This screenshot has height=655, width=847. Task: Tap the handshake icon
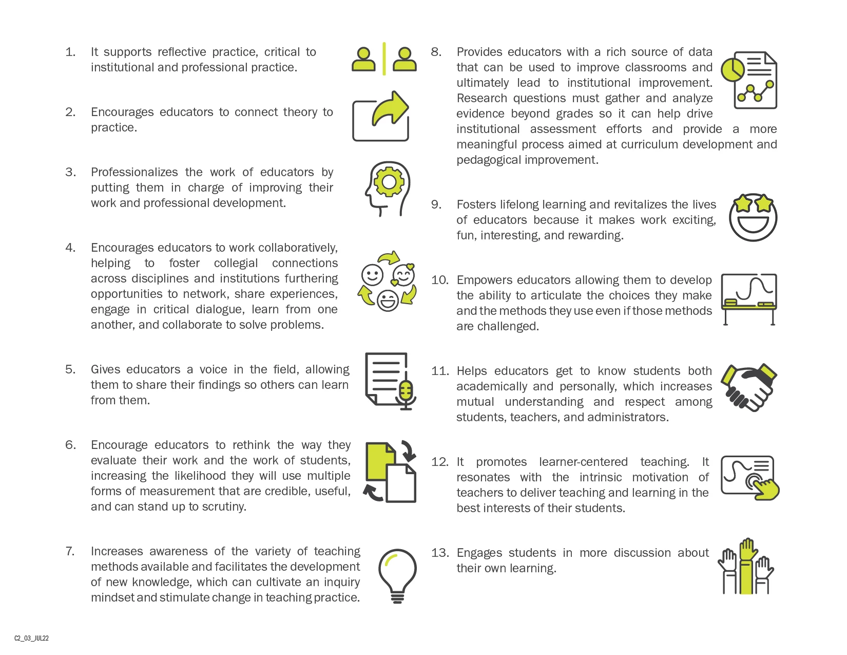coord(749,387)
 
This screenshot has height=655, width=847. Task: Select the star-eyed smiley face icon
coord(753,217)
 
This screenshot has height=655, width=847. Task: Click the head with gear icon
coord(389,189)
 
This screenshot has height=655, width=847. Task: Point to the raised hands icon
coord(746,567)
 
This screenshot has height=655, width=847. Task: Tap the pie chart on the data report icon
coord(733,69)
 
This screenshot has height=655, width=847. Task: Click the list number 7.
coord(70,551)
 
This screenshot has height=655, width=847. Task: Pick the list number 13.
coord(440,553)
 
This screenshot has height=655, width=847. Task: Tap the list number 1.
coord(70,52)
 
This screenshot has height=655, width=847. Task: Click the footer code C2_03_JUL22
coord(31,638)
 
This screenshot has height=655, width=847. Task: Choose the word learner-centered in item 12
coord(583,462)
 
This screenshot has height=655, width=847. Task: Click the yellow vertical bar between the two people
coord(384,59)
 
